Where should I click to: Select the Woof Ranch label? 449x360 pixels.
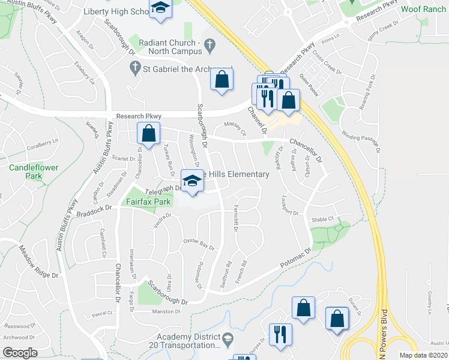pyautogui.click(x=423, y=9)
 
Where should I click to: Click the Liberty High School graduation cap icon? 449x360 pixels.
pyautogui.click(x=160, y=9)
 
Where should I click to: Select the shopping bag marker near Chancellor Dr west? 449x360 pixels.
pyautogui.click(x=148, y=133)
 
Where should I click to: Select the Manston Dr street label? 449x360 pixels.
pyautogui.click(x=166, y=311)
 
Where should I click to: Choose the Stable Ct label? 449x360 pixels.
pyautogui.click(x=322, y=220)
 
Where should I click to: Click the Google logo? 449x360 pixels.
pyautogui.click(x=20, y=353)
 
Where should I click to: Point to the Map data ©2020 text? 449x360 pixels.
pyautogui.click(x=423, y=355)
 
